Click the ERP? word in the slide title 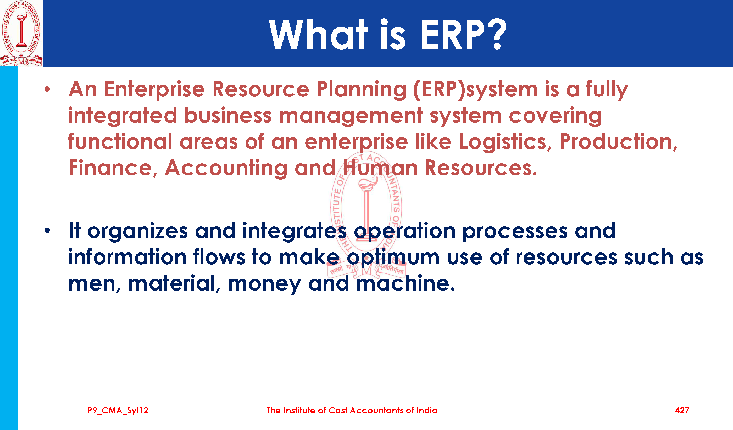click(x=464, y=34)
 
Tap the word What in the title click(x=319, y=34)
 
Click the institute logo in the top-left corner click(x=21, y=33)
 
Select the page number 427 click(x=682, y=411)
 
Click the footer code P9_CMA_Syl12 click(x=118, y=411)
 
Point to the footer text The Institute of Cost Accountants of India click(x=352, y=411)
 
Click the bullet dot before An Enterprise click(x=47, y=89)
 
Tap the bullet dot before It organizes click(x=47, y=231)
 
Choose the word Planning click(x=362, y=89)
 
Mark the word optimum click(x=393, y=257)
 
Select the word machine click(x=406, y=283)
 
